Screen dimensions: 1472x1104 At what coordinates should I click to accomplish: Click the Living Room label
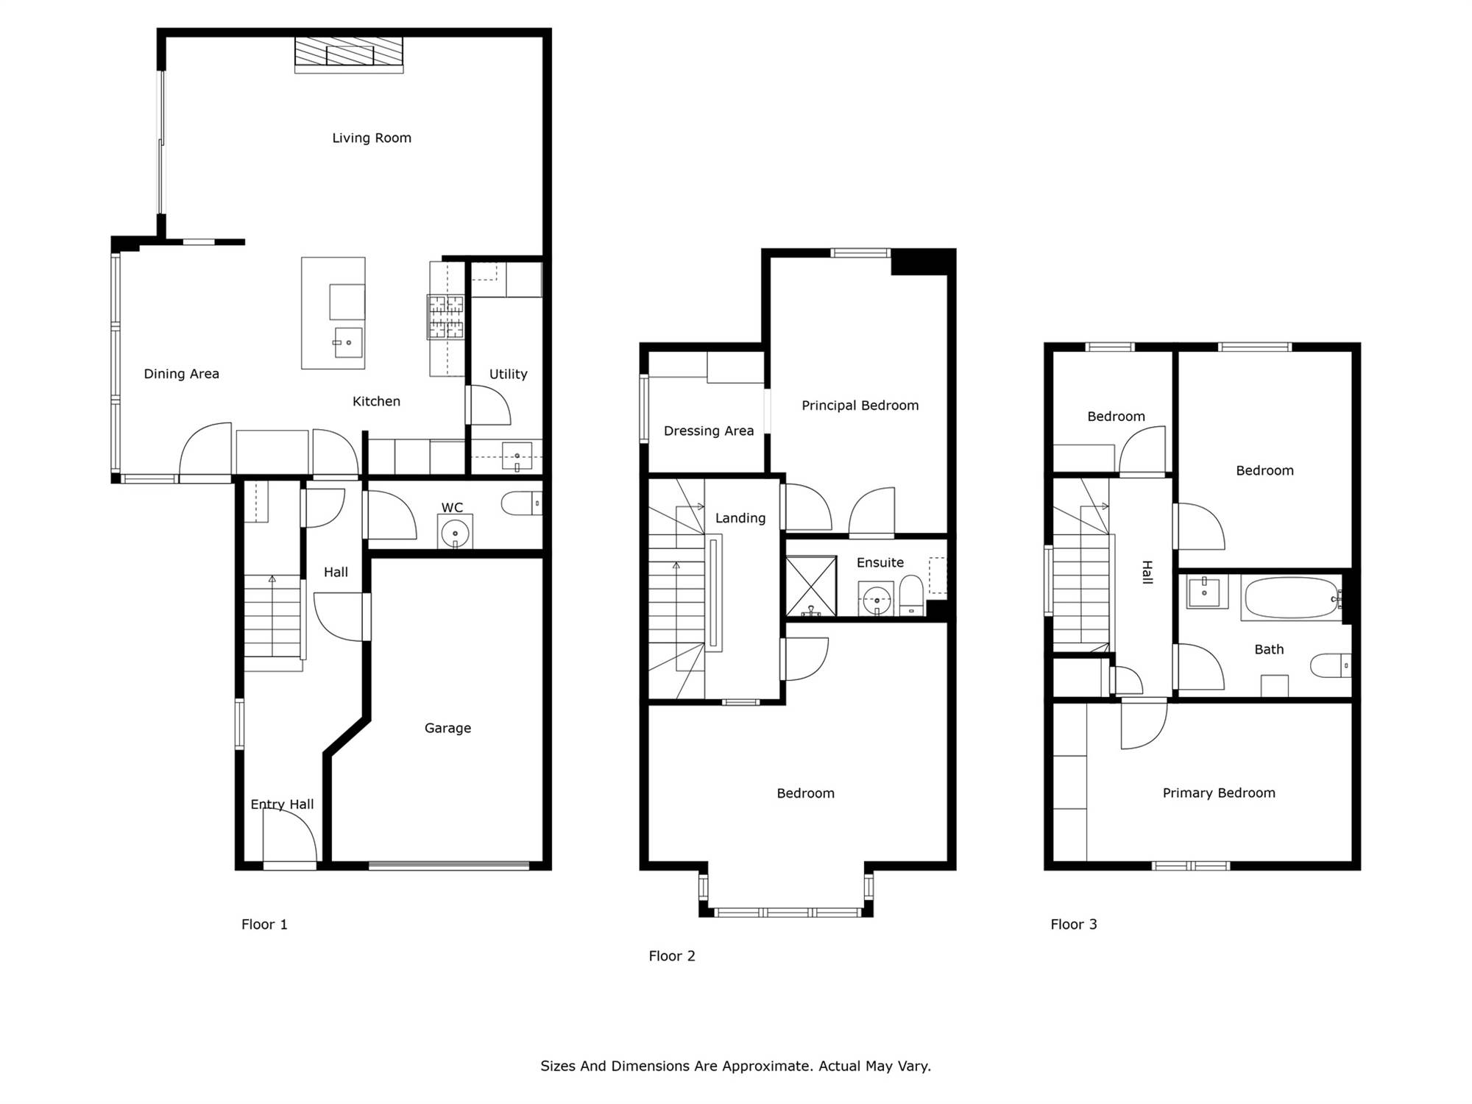point(372,138)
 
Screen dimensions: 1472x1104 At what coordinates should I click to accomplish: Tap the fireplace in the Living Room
point(349,54)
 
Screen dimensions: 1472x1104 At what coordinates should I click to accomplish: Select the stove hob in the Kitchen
point(446,317)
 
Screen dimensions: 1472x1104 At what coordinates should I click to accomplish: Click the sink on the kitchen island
point(348,342)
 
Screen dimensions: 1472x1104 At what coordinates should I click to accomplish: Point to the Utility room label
point(509,375)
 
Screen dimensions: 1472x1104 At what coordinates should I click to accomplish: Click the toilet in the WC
point(522,503)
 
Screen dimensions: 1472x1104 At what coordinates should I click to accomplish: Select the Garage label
point(447,729)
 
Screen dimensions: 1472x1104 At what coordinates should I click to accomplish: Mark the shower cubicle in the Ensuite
point(811,586)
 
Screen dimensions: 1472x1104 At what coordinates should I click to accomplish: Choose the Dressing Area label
point(709,431)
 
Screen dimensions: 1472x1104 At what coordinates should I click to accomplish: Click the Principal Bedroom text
point(860,406)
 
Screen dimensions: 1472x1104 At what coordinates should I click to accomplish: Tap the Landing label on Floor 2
point(740,518)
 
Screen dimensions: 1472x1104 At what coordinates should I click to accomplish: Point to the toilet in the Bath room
point(1331,665)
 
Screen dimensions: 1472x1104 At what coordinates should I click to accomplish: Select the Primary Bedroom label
point(1219,793)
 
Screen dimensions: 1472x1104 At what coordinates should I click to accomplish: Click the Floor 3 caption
point(1074,924)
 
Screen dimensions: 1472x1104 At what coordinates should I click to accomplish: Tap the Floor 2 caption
point(672,956)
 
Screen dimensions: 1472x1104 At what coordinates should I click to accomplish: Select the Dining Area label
point(182,374)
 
